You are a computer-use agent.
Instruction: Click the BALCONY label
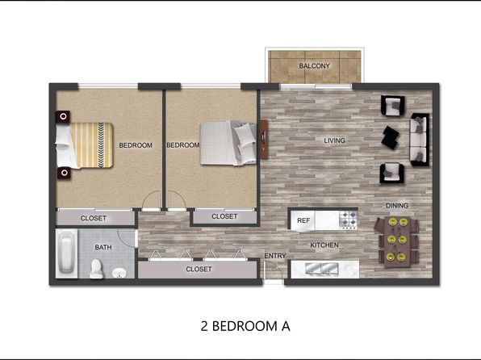(x=314, y=66)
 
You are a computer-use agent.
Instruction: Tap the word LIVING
(x=335, y=140)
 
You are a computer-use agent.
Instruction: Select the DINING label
(x=397, y=205)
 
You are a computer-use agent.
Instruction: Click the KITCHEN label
(x=324, y=245)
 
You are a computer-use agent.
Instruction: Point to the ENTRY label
(x=275, y=256)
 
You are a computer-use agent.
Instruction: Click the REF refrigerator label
(x=303, y=220)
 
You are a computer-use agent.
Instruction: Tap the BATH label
(x=103, y=247)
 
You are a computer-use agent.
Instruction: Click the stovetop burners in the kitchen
(x=348, y=220)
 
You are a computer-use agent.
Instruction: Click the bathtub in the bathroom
(x=67, y=253)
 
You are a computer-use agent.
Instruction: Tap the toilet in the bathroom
(x=96, y=269)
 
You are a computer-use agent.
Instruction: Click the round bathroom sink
(x=119, y=273)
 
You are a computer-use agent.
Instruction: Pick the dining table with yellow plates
(x=397, y=242)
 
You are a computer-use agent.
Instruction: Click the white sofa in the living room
(x=420, y=140)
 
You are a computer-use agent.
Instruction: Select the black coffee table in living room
(x=390, y=137)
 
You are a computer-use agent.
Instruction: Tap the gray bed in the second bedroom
(x=228, y=143)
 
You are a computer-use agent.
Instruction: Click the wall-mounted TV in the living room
(x=264, y=140)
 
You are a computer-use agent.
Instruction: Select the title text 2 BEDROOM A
(x=245, y=326)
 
